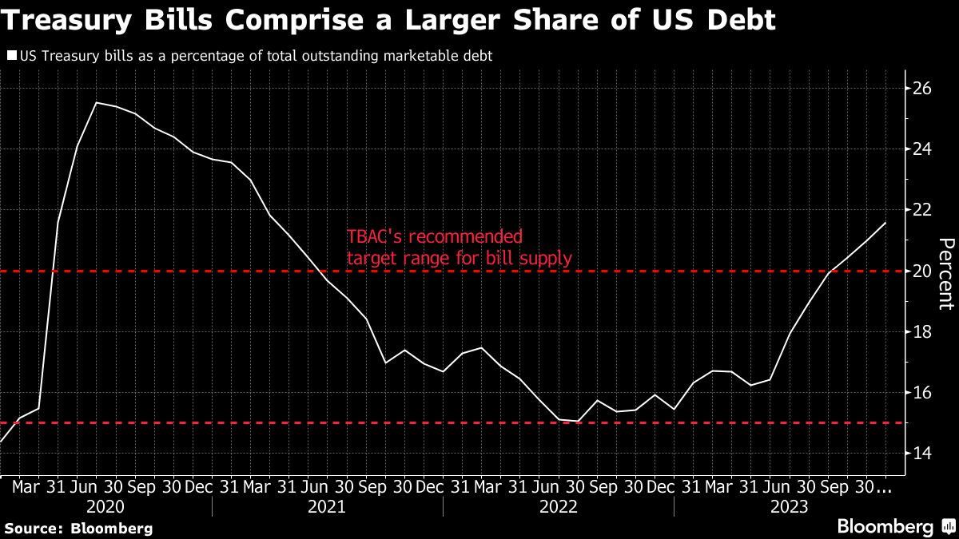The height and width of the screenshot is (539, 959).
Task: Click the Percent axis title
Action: click(945, 274)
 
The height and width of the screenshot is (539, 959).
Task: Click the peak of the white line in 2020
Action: click(97, 103)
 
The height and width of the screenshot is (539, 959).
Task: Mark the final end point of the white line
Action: click(885, 223)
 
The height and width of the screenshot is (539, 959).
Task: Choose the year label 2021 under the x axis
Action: click(328, 506)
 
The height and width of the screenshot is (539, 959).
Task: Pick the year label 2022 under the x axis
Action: click(559, 506)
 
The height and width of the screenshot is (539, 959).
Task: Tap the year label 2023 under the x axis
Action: click(790, 506)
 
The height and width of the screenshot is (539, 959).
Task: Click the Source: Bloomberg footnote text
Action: click(78, 528)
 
